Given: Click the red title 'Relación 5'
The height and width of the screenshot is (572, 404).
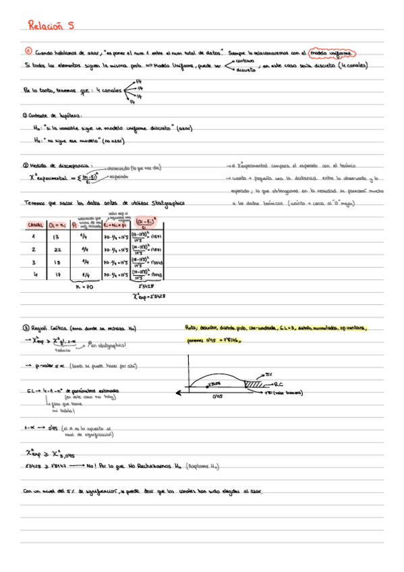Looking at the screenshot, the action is pyautogui.click(x=51, y=27).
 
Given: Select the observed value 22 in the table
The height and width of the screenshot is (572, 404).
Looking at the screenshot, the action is pyautogui.click(x=57, y=250).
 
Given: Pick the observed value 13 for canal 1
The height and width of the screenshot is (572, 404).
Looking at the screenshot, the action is pyautogui.click(x=57, y=237).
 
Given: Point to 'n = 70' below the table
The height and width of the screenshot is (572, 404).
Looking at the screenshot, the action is pyautogui.click(x=82, y=286).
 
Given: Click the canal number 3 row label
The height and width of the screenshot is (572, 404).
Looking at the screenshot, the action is pyautogui.click(x=34, y=262).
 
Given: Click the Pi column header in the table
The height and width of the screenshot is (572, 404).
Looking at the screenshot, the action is pyautogui.click(x=75, y=225).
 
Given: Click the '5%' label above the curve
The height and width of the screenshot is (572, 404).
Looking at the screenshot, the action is pyautogui.click(x=268, y=373).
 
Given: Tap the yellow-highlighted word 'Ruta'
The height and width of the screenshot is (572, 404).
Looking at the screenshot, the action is pyautogui.click(x=192, y=328).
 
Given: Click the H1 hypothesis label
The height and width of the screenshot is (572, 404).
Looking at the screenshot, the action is pyautogui.click(x=37, y=140).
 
